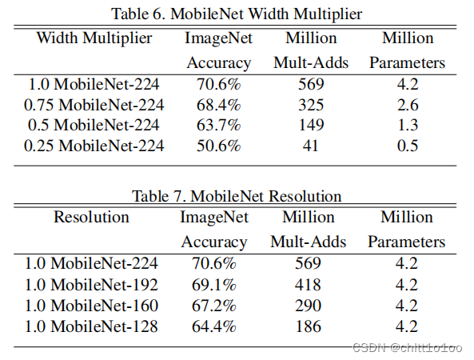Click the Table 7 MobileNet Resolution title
237,196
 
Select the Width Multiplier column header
94,38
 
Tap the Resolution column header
91,218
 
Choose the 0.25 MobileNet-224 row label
94,145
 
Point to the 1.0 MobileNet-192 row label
91,285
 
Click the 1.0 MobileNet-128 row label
91,326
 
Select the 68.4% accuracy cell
218,105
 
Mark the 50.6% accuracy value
218,145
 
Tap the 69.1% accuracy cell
214,285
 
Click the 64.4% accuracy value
214,326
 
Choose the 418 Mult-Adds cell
307,285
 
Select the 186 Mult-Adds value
307,326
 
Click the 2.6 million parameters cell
407,105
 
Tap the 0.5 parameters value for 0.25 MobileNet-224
407,145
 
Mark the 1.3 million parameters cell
407,125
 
